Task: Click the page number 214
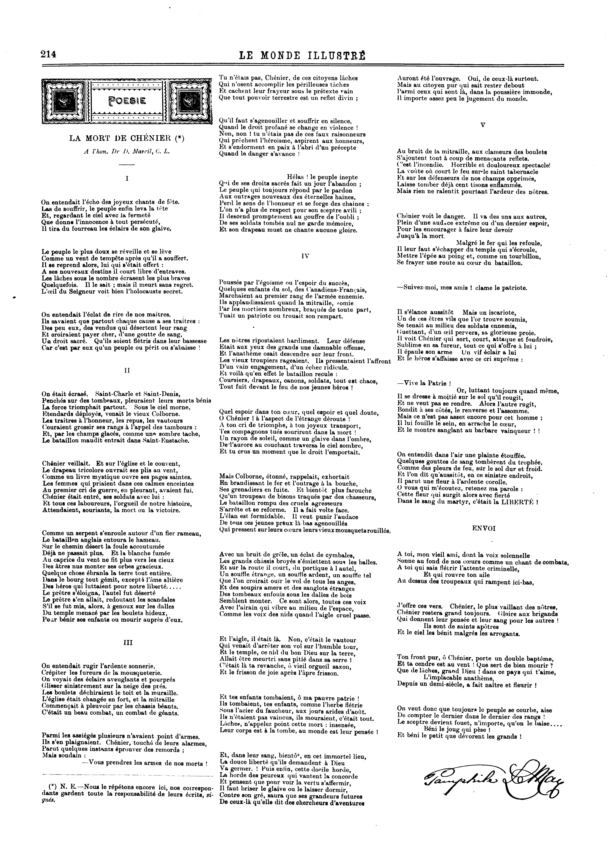49,55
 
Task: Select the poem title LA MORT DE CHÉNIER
127,138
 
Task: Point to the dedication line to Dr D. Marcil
127,152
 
